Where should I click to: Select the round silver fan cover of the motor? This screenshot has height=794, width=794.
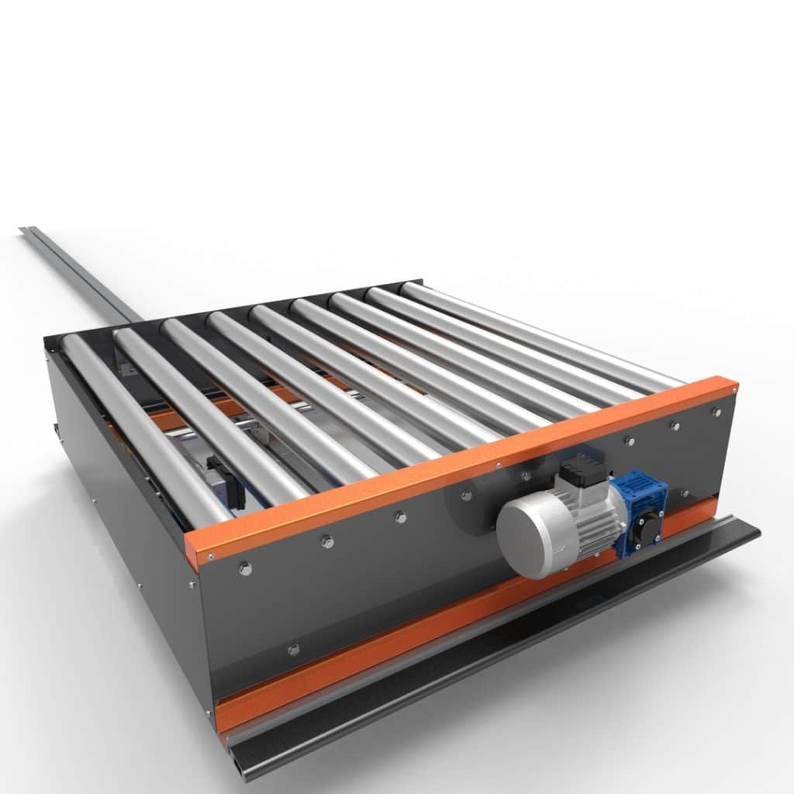point(525,537)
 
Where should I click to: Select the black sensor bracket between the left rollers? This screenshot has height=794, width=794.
point(226,481)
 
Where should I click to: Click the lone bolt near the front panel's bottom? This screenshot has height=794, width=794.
point(292,649)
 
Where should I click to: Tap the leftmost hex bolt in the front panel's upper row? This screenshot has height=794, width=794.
point(245,568)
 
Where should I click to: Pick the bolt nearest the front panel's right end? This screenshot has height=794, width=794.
point(716,412)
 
